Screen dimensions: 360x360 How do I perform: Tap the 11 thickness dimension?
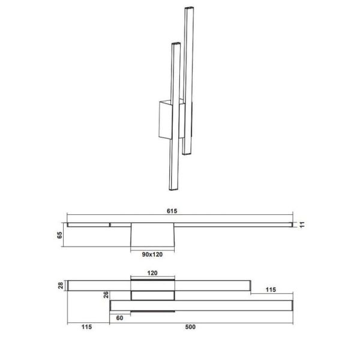click(x=304, y=224)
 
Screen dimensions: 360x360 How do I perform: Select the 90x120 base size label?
click(x=152, y=253)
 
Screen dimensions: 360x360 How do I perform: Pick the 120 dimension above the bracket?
click(x=152, y=273)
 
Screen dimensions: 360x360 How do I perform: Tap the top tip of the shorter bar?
click(x=175, y=43)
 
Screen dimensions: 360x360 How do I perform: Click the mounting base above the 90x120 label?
click(x=152, y=235)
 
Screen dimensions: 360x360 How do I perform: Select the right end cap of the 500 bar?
click(x=292, y=306)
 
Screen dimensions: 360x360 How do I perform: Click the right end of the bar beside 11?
click(x=292, y=224)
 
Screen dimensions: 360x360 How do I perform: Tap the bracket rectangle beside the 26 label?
click(x=152, y=295)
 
